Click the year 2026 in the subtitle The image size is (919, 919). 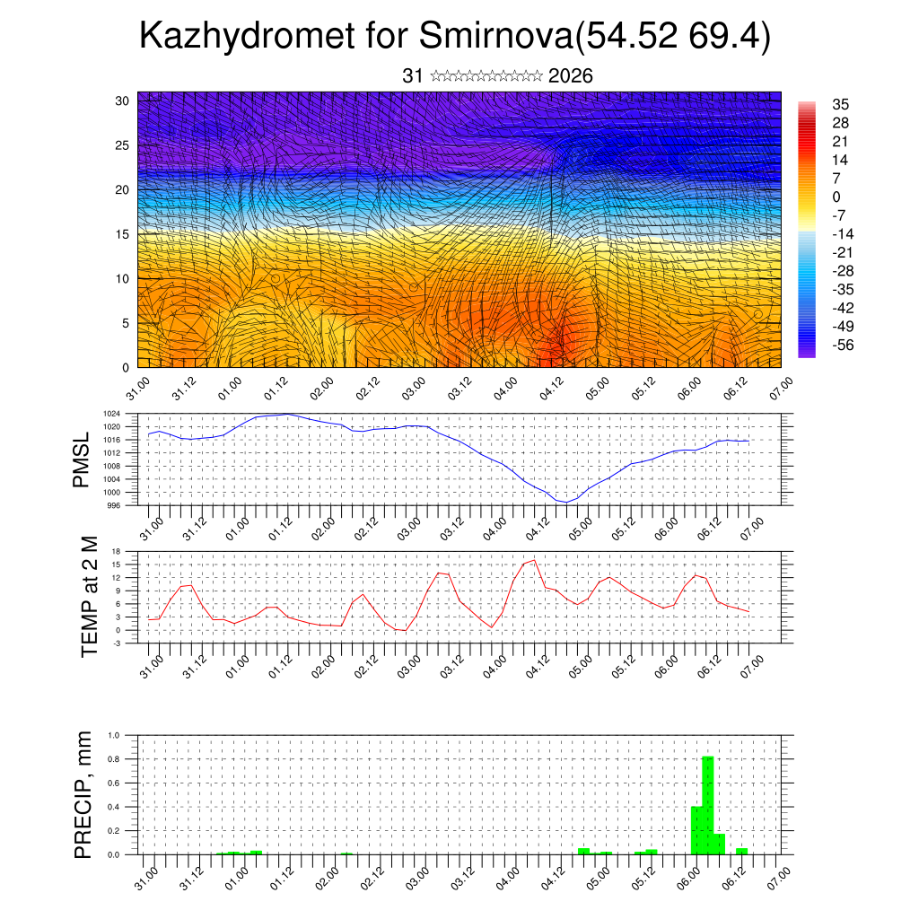coord(570,76)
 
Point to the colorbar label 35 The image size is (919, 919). coord(841,104)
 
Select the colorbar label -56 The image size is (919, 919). coord(843,344)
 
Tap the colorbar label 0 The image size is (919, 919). coord(836,197)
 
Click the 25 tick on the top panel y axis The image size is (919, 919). coord(124,145)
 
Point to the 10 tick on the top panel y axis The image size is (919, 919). coord(124,279)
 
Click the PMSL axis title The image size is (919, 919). coord(82,459)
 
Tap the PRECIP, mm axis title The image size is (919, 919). coord(83,794)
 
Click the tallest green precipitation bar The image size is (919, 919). coord(707,805)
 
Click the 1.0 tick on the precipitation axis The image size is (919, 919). coord(114,735)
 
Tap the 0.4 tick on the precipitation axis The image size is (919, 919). coord(114,807)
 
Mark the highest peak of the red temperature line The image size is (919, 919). coord(535,560)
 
